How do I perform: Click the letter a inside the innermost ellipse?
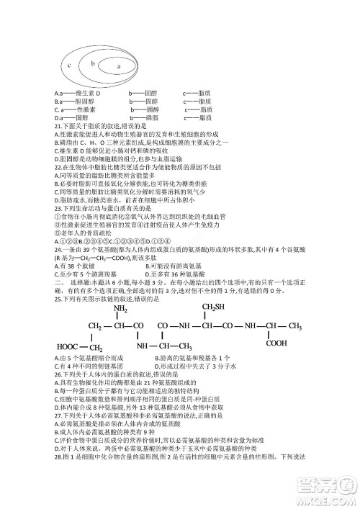click(x=117, y=68)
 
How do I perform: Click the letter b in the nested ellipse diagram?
click(x=93, y=63)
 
